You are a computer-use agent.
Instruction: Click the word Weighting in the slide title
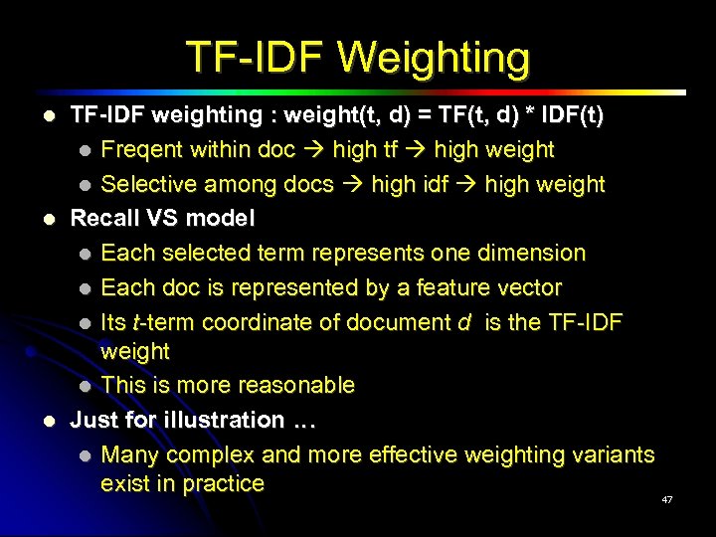(x=434, y=58)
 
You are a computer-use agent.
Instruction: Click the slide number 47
(x=667, y=499)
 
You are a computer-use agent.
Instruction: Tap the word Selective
(x=146, y=185)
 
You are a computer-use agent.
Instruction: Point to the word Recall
(x=103, y=218)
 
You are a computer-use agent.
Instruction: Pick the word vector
(x=532, y=287)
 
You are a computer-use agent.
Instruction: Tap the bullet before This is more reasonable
(x=87, y=386)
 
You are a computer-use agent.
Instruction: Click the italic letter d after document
(x=463, y=322)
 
